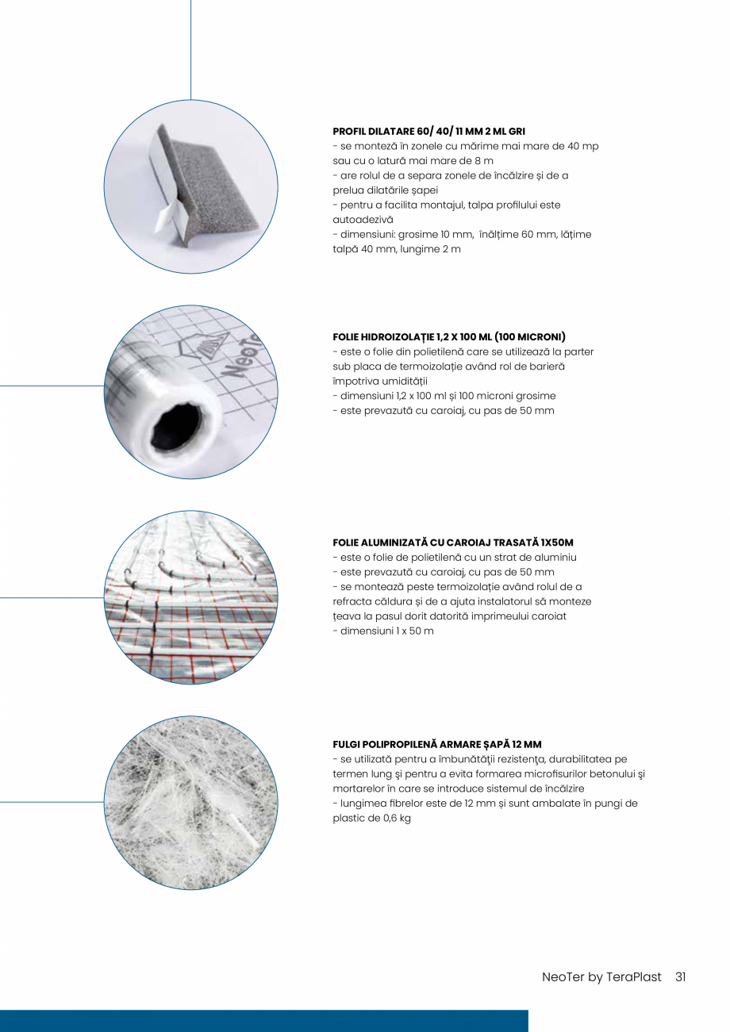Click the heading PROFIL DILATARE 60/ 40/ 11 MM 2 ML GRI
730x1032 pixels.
pos(428,131)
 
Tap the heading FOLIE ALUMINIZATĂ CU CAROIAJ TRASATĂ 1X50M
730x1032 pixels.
pos(452,543)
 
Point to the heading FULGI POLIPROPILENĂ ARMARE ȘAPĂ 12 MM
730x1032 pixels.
pos(437,744)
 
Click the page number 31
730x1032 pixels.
pos(680,977)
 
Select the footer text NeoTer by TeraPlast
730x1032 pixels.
pos(601,977)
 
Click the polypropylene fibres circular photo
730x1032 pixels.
pos(190,803)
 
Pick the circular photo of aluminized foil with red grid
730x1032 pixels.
pos(190,597)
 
